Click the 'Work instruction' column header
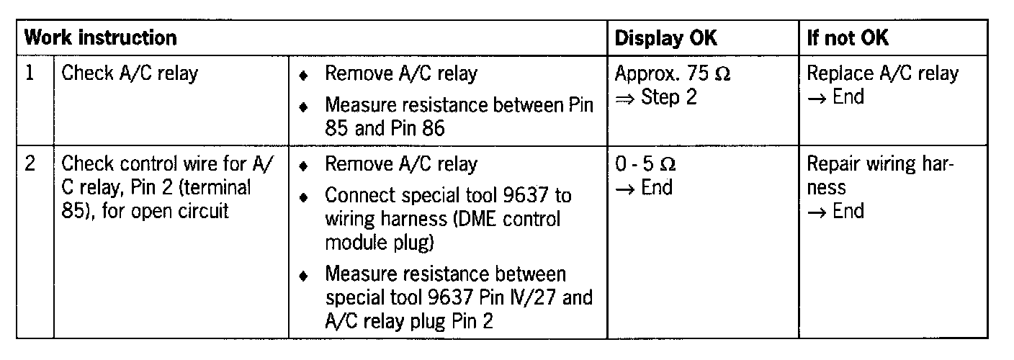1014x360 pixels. [100, 38]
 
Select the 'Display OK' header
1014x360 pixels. [665, 38]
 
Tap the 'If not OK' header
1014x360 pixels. [848, 38]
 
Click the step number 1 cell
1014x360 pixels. [30, 73]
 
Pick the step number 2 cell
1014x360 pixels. [30, 163]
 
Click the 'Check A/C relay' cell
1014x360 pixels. [130, 73]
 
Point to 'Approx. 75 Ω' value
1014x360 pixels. [673, 73]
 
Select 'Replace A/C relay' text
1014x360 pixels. [882, 73]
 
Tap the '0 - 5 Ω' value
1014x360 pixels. [645, 164]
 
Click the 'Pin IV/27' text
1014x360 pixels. [511, 298]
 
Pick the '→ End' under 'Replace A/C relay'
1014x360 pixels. [835, 96]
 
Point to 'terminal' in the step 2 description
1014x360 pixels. [215, 187]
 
